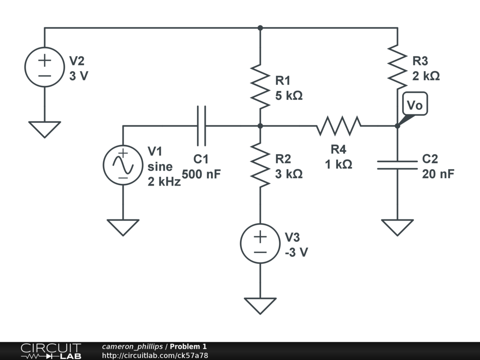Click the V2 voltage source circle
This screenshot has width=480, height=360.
click(x=45, y=67)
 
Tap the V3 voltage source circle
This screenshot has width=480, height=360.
click(x=260, y=244)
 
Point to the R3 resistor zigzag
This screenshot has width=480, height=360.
click(x=397, y=67)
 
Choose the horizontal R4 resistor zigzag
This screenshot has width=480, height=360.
click(x=338, y=126)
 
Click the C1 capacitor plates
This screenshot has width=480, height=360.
click(x=202, y=126)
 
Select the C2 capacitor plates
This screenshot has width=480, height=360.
click(x=397, y=165)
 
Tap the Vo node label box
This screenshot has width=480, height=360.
click(x=414, y=105)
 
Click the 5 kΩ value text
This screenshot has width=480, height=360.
click(x=288, y=96)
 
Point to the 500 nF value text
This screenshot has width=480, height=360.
click(x=201, y=174)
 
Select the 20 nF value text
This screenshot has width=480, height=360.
click(x=438, y=174)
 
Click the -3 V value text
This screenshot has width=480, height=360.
click(x=296, y=252)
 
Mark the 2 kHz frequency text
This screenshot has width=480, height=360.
click(x=164, y=182)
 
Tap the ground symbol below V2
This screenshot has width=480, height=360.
click(x=45, y=129)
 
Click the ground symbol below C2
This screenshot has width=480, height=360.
click(x=397, y=227)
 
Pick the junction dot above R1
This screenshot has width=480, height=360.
click(x=260, y=28)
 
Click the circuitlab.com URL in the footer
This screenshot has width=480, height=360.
click(x=155, y=355)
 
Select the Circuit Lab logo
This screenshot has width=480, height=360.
click(x=51, y=351)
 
